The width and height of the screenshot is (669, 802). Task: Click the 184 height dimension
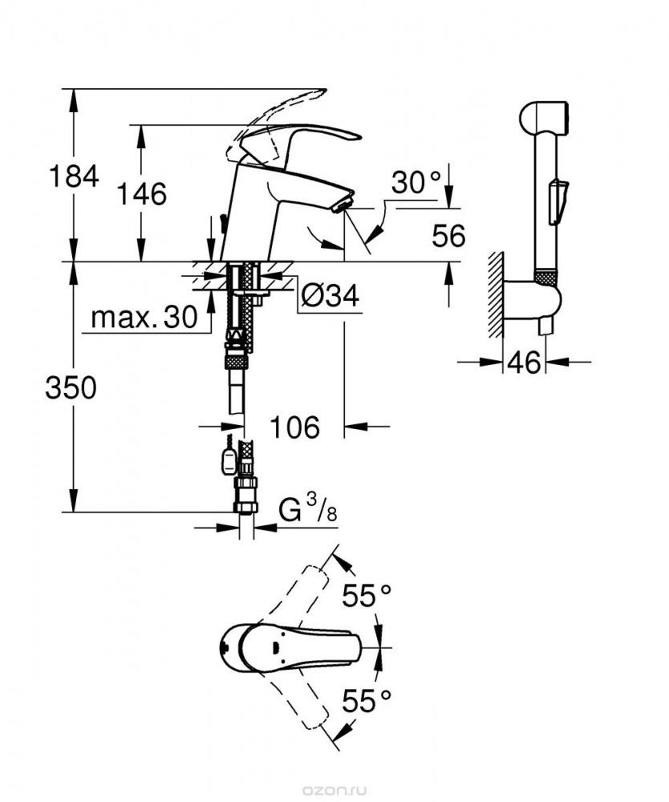coord(74,177)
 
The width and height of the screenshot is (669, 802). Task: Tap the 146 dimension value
coord(142,194)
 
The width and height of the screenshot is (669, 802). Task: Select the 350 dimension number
coord(71,387)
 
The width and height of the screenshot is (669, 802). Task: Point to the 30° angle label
coord(416,182)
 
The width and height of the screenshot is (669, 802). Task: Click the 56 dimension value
coord(448,236)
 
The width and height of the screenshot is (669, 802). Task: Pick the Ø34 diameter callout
coord(330,295)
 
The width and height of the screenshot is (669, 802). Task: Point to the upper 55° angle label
coord(367,595)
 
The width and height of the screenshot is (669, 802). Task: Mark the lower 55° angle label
coord(367,700)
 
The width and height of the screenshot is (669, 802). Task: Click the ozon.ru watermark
coord(334,792)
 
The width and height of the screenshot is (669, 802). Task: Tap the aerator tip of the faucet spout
coord(342,205)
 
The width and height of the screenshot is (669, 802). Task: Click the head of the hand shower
coord(543,118)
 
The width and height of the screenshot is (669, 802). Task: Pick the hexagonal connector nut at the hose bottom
coord(245,495)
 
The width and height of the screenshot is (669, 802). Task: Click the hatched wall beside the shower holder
coord(495,294)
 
